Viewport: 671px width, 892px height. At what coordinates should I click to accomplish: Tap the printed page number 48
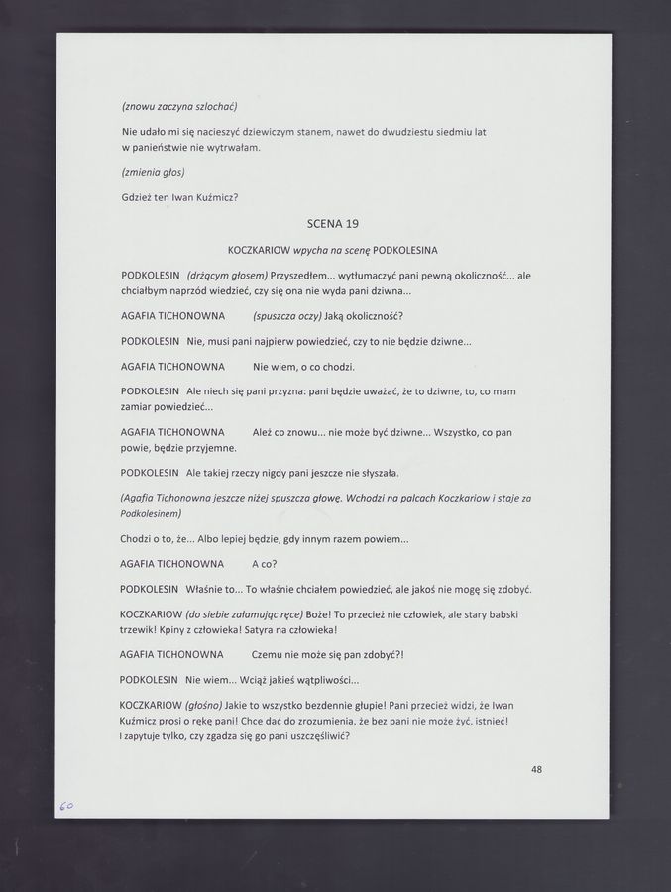click(x=536, y=768)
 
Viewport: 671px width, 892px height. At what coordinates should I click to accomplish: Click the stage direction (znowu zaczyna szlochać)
click(x=178, y=106)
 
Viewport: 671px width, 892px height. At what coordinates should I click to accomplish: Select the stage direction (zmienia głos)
click(x=153, y=172)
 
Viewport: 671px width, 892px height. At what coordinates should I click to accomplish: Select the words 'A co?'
click(x=264, y=563)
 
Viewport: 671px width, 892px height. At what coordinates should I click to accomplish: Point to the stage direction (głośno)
click(x=202, y=704)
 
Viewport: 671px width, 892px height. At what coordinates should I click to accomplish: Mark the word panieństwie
click(x=169, y=147)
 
